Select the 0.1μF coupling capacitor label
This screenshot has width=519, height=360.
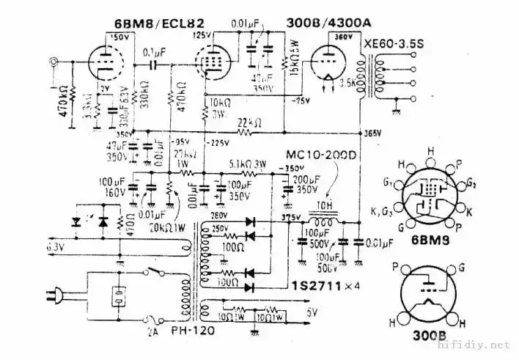pyautogui.click(x=152, y=53)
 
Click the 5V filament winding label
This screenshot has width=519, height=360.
pyautogui.click(x=314, y=311)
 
